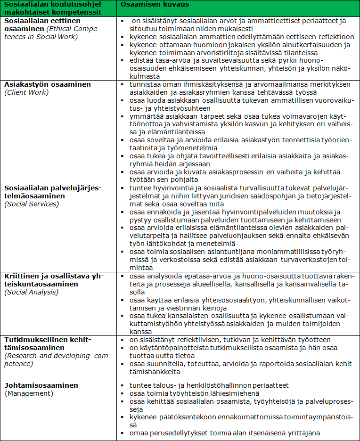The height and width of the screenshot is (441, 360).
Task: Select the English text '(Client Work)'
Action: [x=26, y=92]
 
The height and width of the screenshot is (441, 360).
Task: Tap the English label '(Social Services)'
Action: [x=32, y=204]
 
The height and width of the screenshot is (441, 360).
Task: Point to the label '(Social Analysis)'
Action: [x=32, y=292]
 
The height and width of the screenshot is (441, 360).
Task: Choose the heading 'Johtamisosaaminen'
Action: [x=41, y=385]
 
